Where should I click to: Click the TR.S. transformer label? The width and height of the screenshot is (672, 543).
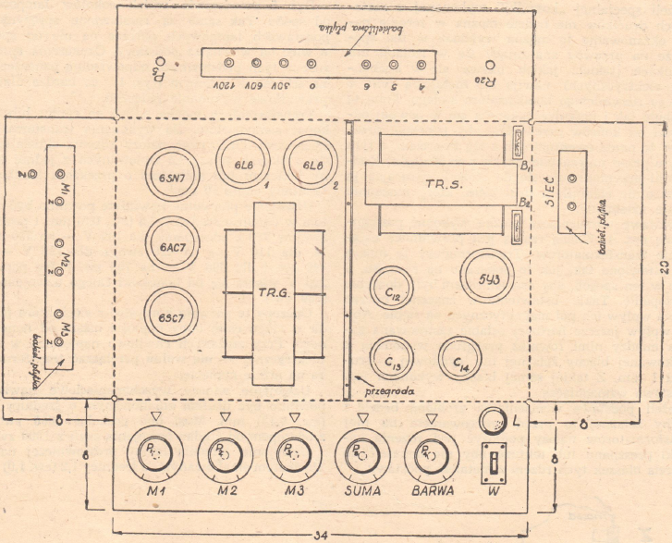(x=438, y=184)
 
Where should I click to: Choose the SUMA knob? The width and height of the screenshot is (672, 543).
(x=361, y=453)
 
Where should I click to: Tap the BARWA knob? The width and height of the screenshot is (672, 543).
(x=431, y=453)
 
